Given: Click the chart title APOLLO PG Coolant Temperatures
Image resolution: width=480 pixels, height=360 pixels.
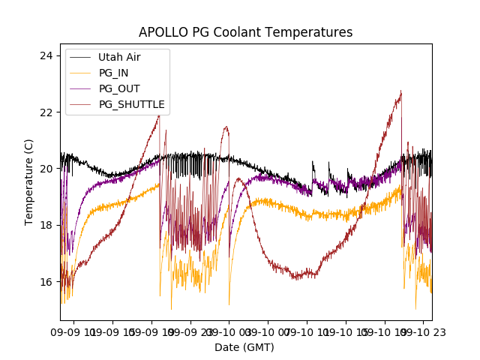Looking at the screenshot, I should point(245,32).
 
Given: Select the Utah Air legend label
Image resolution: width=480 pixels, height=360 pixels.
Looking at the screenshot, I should point(119,57).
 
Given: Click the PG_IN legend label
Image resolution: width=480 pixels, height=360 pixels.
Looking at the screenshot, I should point(114,73).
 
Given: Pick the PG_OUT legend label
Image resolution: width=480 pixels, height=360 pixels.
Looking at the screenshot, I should point(119,88).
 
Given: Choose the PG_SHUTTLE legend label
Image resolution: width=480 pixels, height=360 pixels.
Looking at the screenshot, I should point(131,104).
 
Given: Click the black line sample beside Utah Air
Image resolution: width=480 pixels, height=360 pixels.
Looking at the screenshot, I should point(80,57).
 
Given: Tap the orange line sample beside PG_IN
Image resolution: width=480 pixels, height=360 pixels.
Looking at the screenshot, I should point(80,73).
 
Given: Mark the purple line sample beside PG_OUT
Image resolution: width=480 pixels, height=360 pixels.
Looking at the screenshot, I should point(80,88).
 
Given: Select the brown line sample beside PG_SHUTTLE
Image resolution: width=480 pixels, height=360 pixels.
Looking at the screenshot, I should point(80,104).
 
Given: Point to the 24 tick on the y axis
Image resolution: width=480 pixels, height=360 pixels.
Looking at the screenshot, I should point(46,56).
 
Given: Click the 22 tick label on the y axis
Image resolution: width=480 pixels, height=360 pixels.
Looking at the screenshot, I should point(46,112).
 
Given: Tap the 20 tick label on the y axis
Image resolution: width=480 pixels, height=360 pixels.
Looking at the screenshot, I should point(46,169).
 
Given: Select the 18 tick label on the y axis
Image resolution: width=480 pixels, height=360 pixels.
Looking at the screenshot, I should point(46,225).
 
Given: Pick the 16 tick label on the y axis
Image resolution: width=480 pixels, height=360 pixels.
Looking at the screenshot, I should point(46,282).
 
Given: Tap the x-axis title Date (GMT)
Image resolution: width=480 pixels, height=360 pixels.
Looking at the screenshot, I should point(244,347).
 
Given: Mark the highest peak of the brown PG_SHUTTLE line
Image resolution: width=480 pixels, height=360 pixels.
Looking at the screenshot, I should point(401,91).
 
